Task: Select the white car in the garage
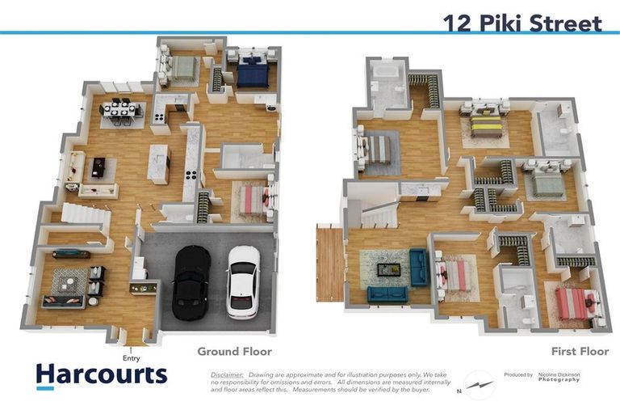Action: coord(243,281)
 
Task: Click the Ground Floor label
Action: coord(234,352)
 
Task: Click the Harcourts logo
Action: coord(101,375)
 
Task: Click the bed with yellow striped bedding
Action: coord(486,124)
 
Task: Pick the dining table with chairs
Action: coord(123,111)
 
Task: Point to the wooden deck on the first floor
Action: coord(329,262)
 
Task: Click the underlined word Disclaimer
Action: coord(227,375)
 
